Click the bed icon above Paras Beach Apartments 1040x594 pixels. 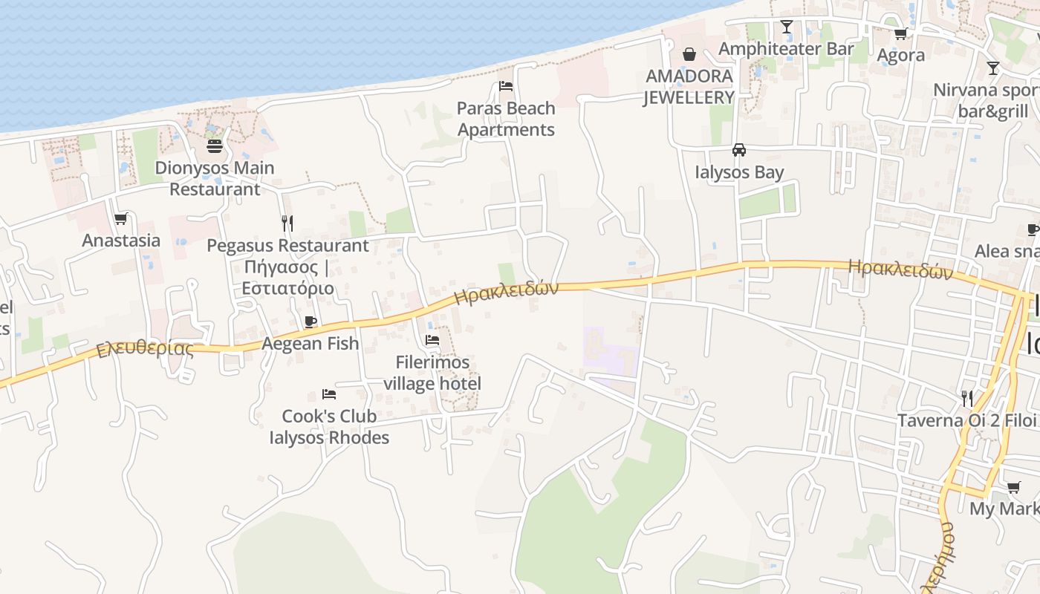[506, 86]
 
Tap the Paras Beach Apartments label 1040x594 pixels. [506, 119]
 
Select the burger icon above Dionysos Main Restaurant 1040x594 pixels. [215, 146]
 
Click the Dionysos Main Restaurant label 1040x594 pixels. [215, 178]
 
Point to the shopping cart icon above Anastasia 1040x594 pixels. [121, 218]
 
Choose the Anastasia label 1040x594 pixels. [121, 240]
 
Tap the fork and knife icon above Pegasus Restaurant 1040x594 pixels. [287, 222]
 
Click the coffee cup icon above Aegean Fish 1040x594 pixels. [311, 322]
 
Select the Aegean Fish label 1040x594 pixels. [311, 343]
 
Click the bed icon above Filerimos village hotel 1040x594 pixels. [432, 340]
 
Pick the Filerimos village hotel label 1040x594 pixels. [432, 373]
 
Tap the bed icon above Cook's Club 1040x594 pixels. [329, 394]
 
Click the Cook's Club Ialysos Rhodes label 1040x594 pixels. [329, 426]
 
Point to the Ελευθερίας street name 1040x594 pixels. [146, 349]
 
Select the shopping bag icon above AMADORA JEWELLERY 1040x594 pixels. [689, 53]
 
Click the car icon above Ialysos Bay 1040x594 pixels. [739, 150]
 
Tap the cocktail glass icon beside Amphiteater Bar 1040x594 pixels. [787, 27]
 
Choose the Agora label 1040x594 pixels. [901, 55]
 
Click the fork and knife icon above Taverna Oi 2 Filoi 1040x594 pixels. [967, 398]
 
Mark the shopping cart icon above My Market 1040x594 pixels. [1014, 487]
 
